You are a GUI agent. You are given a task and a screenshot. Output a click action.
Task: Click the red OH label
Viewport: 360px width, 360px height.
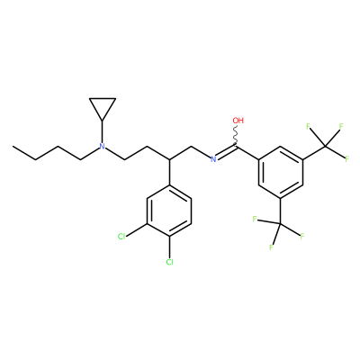[238, 121]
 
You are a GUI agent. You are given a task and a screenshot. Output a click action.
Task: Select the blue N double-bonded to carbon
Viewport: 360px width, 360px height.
[213, 159]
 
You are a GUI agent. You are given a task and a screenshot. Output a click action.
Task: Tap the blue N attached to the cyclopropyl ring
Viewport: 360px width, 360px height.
[103, 147]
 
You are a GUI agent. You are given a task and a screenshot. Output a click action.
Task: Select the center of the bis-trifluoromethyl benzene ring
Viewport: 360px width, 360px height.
[280, 172]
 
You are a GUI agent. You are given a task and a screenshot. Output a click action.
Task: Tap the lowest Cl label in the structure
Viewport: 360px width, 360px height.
[169, 262]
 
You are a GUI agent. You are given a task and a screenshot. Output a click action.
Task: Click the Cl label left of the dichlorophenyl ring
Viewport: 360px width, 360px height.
[121, 237]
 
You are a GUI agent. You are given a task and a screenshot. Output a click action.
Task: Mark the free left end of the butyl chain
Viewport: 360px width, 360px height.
[13, 147]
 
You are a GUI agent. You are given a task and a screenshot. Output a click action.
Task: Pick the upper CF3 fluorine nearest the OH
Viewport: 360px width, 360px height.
[308, 126]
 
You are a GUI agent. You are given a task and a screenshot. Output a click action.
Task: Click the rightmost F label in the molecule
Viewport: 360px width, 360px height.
[346, 159]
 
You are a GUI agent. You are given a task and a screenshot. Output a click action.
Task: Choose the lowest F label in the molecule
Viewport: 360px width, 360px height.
[271, 247]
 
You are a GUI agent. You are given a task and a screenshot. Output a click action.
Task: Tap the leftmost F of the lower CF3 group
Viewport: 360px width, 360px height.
[255, 220]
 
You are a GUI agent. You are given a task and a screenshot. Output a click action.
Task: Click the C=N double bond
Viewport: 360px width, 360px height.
[227, 152]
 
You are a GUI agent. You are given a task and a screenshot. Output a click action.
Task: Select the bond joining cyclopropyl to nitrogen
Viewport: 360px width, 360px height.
[103, 131]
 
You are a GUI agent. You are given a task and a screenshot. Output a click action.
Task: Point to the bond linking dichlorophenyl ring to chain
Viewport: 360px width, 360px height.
[169, 172]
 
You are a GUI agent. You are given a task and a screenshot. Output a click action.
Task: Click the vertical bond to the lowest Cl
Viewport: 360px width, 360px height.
[169, 247]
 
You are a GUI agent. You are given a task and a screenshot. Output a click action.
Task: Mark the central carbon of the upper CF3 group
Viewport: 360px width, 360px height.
[325, 147]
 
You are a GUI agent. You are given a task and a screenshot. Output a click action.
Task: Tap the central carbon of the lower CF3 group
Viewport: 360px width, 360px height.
[280, 224]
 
